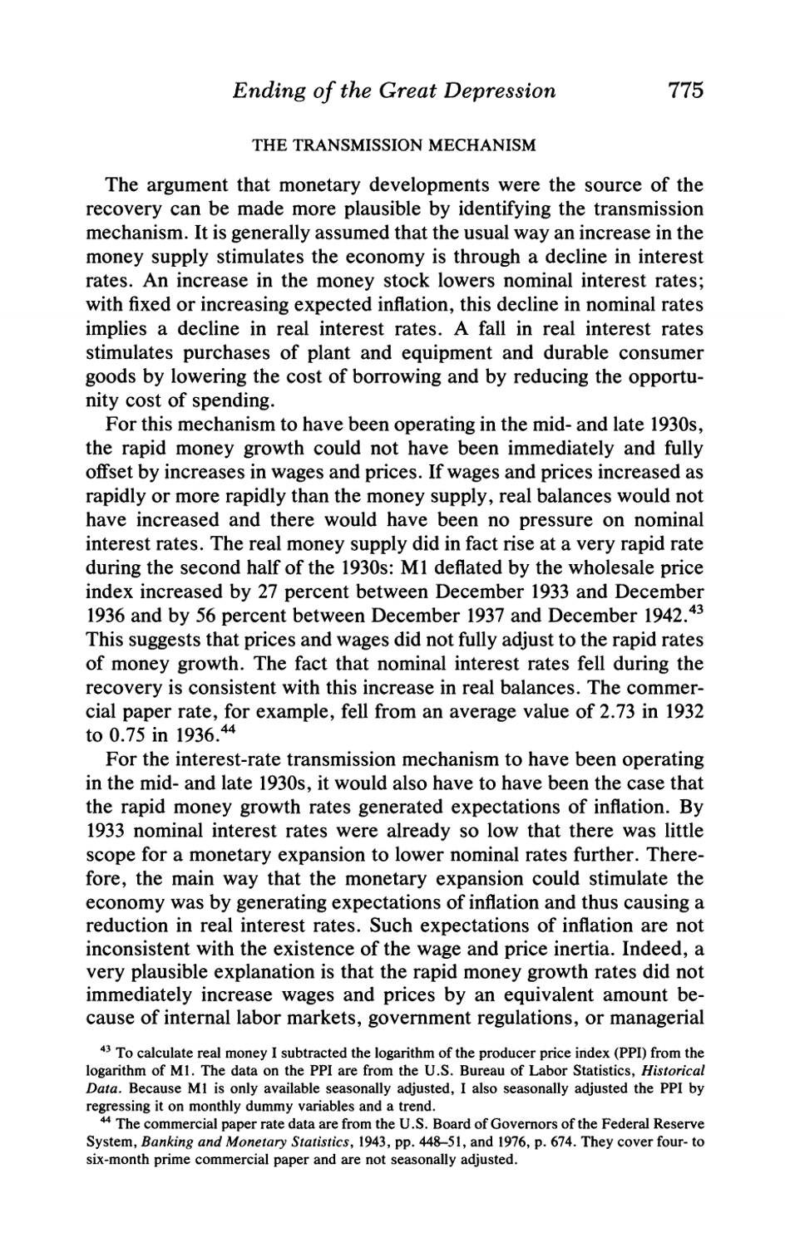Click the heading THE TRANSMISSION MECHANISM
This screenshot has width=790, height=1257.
(394, 145)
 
